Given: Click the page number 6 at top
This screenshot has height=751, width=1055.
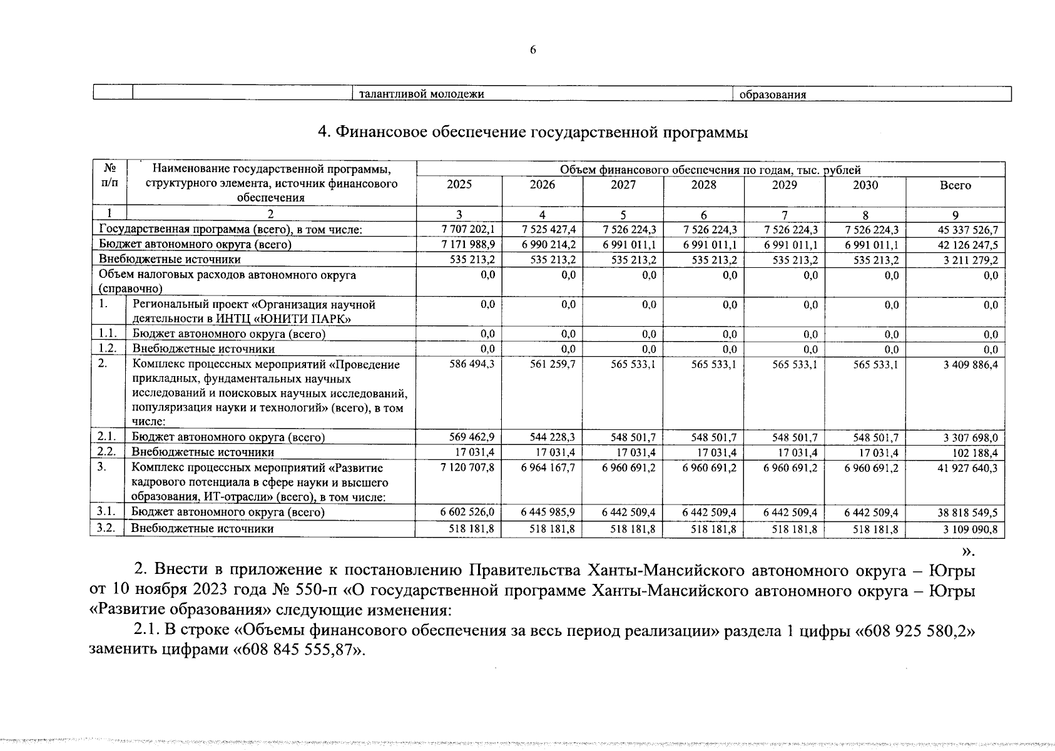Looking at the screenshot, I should tap(533, 51).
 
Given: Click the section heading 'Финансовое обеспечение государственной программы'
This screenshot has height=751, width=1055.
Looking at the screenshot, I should tap(533, 133).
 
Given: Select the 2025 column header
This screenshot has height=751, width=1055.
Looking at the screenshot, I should tap(459, 185).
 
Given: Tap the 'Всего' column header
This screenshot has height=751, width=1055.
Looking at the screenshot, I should tap(956, 185).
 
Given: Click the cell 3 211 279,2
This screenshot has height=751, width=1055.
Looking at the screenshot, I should tap(970, 260).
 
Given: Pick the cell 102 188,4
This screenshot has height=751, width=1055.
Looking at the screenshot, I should tap(974, 452).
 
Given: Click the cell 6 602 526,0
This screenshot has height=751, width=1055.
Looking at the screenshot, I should tap(468, 513).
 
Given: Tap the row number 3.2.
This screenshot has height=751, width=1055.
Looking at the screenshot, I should tap(106, 528).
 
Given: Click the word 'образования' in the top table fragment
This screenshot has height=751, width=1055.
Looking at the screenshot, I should tap(772, 95).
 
